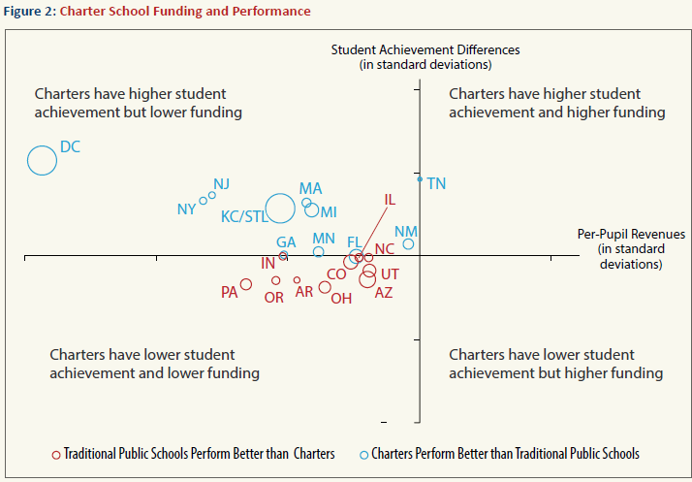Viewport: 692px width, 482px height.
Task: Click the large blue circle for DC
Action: (42, 160)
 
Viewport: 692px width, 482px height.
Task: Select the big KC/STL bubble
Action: (280, 208)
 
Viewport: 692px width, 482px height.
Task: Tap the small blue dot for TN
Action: (420, 179)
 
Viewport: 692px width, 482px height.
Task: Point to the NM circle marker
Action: (408, 244)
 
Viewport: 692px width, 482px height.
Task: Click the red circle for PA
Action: (246, 284)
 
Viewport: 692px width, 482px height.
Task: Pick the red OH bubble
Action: (325, 287)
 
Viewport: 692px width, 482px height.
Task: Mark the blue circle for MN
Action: (318, 252)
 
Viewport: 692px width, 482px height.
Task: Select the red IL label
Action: (390, 201)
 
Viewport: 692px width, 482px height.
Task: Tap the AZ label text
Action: (384, 293)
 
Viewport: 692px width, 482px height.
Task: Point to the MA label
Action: (310, 188)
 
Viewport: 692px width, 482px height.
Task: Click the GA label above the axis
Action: (286, 242)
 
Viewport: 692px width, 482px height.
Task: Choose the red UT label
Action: (390, 274)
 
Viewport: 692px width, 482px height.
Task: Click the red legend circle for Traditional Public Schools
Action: (56, 454)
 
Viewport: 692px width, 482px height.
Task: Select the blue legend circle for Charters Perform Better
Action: (363, 454)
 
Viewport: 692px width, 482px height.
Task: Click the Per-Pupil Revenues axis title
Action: (630, 235)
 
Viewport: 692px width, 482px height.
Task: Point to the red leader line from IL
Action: (373, 233)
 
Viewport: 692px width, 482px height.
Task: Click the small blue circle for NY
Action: (204, 201)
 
